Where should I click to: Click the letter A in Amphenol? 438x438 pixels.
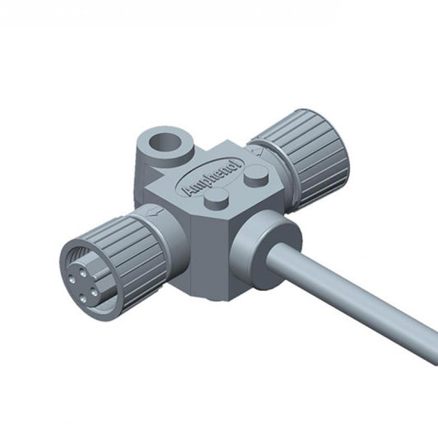coord(187,191)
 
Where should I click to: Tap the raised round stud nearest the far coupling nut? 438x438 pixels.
coord(256,175)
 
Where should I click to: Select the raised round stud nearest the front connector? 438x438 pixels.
coord(216,198)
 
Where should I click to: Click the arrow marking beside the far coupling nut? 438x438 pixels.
coord(257,151)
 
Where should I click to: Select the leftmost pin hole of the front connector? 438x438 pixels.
coord(71,279)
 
